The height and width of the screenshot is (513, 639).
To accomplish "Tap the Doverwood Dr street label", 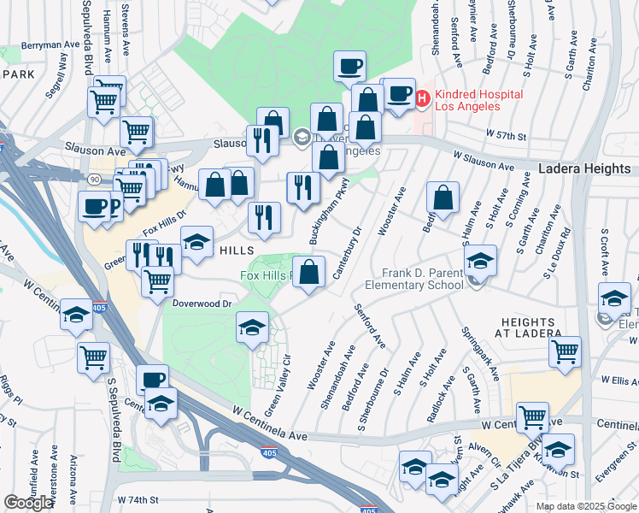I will click(202, 304).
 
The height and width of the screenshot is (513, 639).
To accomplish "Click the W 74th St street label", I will click(138, 498).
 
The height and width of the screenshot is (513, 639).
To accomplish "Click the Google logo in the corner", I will click(28, 503).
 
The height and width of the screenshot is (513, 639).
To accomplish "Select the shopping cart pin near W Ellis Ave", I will click(565, 351).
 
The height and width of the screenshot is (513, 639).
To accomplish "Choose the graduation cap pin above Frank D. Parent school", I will click(480, 260).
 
